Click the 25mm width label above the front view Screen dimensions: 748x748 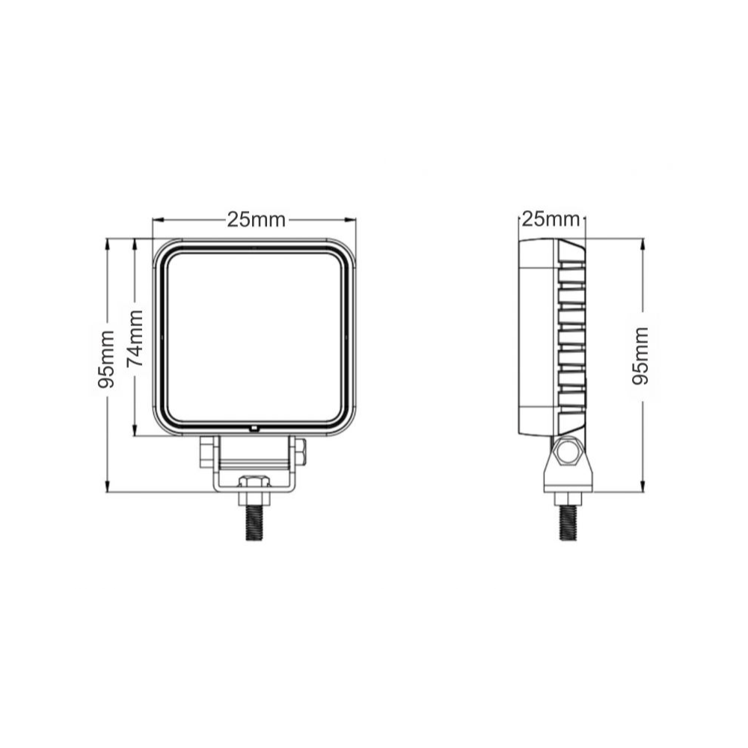click(x=256, y=220)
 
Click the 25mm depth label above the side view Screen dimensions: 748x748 click(x=551, y=219)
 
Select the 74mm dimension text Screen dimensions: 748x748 click(x=135, y=338)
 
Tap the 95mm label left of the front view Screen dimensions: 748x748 click(x=106, y=359)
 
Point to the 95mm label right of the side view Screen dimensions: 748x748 click(x=640, y=356)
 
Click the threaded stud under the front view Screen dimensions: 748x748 click(x=255, y=522)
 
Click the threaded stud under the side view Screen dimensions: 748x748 click(x=568, y=523)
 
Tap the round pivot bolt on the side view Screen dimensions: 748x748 click(x=568, y=451)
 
